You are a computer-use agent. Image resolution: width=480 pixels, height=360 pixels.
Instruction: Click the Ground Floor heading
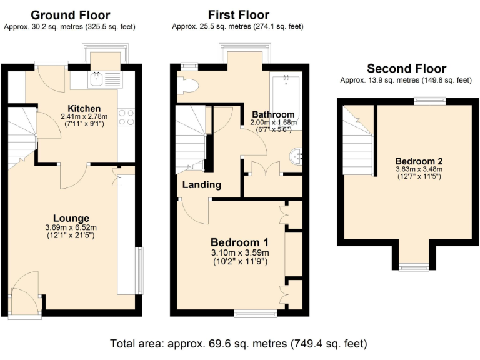coord(70,15)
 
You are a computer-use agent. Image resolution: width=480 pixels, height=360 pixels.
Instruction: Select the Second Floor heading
coord(406,69)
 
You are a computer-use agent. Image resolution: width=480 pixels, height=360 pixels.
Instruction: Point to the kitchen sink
coord(97,79)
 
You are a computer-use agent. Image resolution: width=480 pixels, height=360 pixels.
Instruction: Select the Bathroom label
coord(272,114)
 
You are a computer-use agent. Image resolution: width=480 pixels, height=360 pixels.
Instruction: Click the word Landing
coord(201,185)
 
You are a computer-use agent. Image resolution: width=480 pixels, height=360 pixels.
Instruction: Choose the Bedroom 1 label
coord(239,242)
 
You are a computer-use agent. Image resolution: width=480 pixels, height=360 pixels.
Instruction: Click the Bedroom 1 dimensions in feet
coord(239,261)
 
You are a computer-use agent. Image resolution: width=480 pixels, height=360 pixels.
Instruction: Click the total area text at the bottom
coord(239,344)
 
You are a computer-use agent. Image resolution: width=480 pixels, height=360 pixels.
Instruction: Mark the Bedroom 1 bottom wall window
coord(256,312)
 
